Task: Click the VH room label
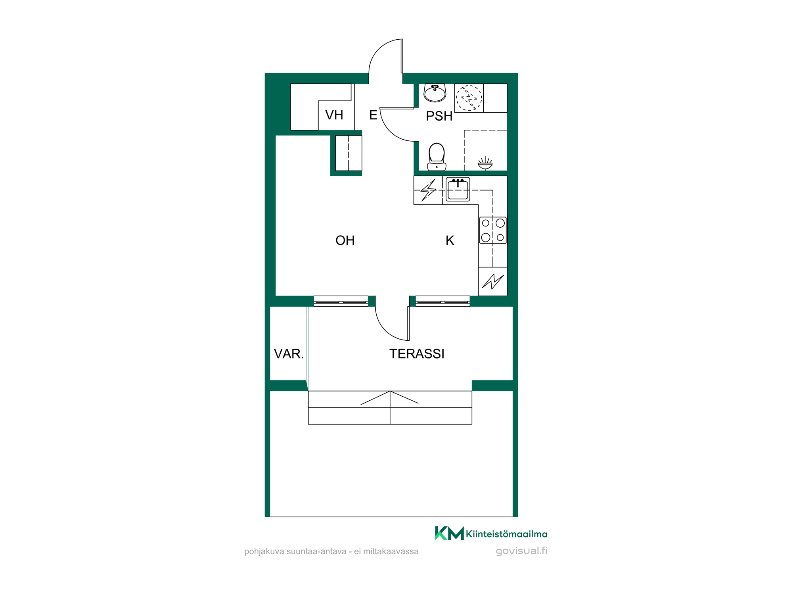tap(334, 115)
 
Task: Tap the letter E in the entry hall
tap(373, 115)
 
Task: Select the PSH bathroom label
tap(439, 116)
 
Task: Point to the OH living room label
tap(345, 240)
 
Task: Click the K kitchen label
tap(450, 240)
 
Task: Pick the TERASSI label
tap(417, 354)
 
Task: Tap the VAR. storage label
tap(289, 354)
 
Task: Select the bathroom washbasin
tap(435, 93)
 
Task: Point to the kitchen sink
tap(458, 189)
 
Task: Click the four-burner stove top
tap(493, 230)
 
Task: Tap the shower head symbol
tap(485, 163)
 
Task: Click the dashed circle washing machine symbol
tap(469, 98)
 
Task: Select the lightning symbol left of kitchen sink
tap(429, 190)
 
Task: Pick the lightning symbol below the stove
tap(493, 282)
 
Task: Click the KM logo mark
tap(449, 533)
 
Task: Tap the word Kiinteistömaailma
tap(507, 534)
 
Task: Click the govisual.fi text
tap(521, 551)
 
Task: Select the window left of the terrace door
tap(341, 301)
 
